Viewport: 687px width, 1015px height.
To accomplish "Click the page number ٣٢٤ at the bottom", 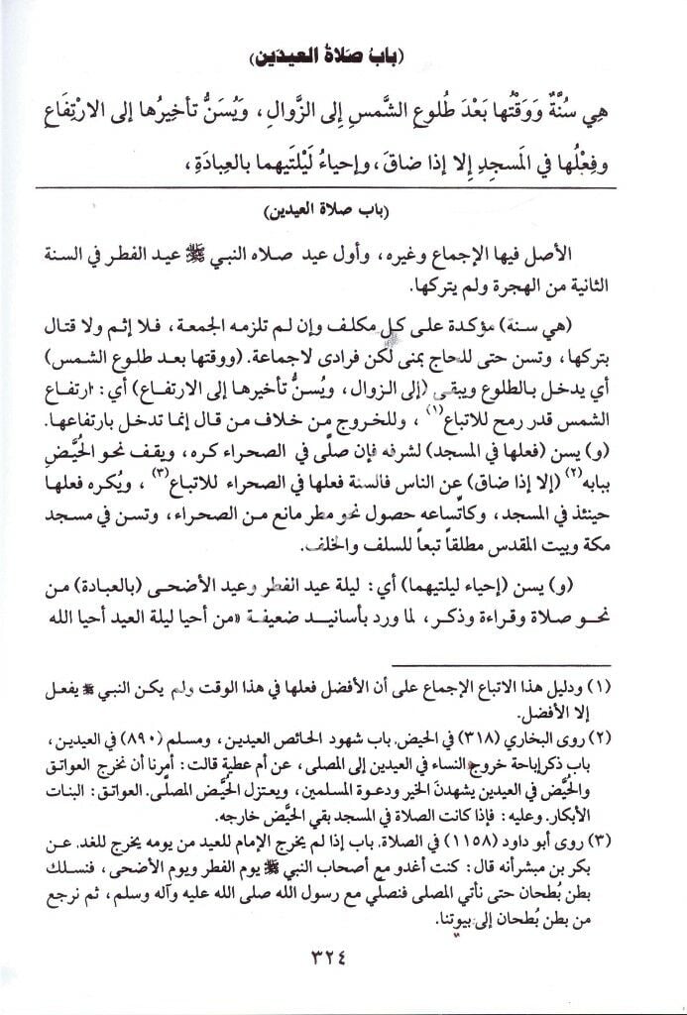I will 343,957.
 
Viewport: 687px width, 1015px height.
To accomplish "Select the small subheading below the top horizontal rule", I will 343,212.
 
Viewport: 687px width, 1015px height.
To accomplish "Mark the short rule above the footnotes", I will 521,665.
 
